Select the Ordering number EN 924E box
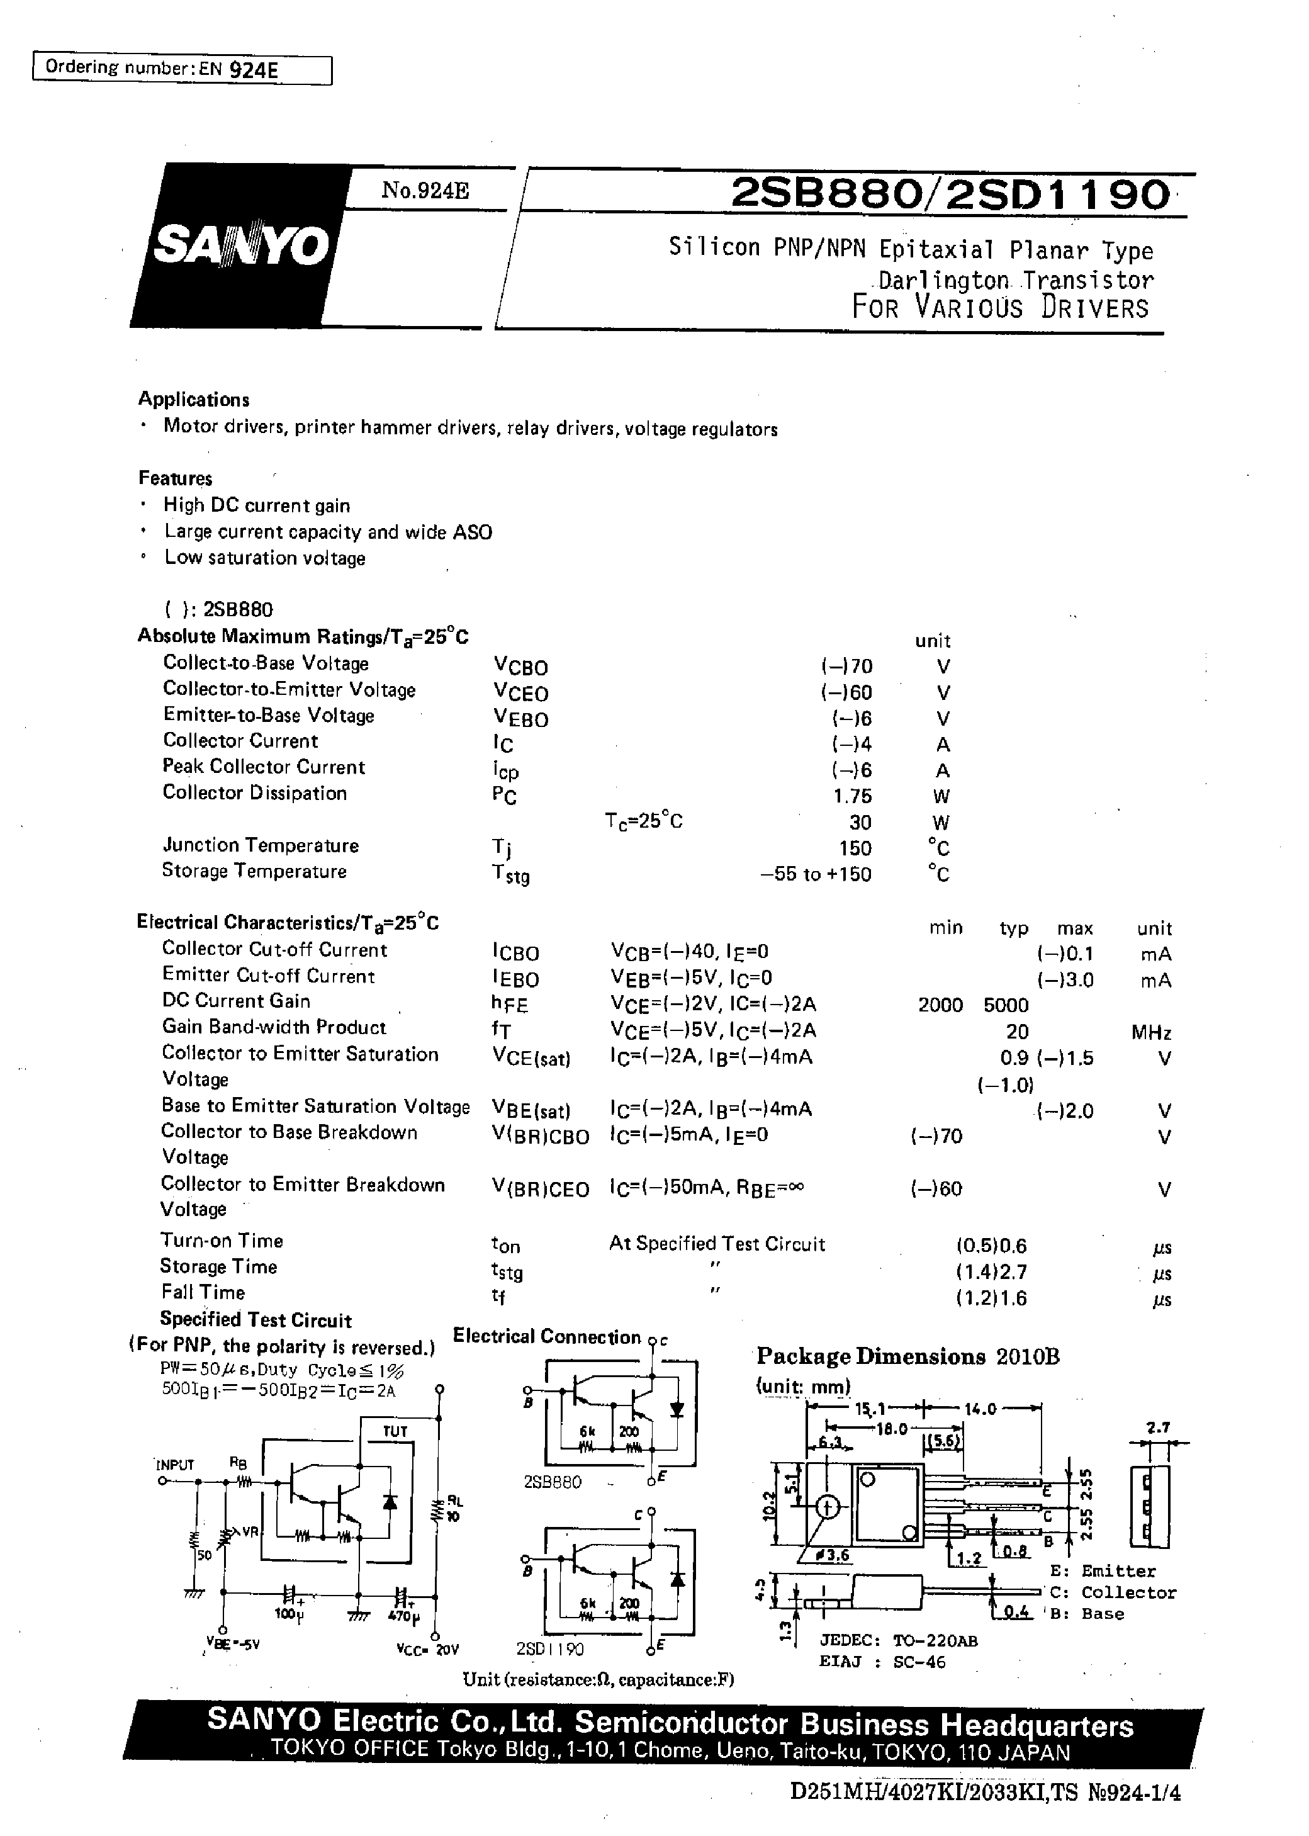181,69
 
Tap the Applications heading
193,400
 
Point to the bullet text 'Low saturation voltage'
264,558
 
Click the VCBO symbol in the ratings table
520,667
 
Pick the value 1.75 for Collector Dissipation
853,796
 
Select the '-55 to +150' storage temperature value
816,874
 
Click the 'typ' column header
1014,928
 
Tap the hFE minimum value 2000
941,1005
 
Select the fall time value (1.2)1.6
991,1298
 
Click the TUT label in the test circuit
395,1431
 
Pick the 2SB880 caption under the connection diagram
552,1482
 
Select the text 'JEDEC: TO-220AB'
898,1640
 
